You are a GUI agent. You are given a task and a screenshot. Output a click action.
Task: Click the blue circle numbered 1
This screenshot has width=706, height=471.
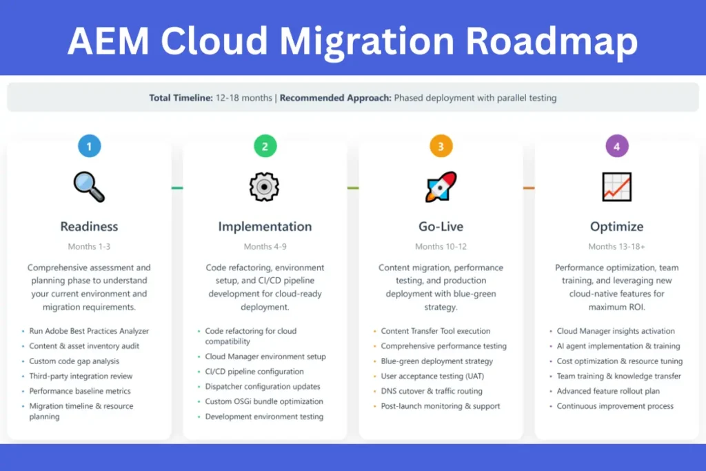click(x=89, y=146)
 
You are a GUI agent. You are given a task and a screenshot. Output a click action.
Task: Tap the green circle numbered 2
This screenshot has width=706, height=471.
click(x=265, y=146)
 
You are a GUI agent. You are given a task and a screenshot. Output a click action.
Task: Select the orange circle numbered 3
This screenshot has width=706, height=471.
click(x=441, y=146)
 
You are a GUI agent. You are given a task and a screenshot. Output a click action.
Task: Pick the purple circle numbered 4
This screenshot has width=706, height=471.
click(x=617, y=146)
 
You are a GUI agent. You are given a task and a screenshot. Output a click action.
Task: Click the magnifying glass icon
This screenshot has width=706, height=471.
click(x=89, y=187)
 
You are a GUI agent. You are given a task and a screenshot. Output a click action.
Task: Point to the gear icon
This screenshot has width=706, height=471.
click(x=264, y=187)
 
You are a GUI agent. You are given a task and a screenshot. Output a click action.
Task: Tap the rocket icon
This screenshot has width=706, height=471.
click(x=441, y=186)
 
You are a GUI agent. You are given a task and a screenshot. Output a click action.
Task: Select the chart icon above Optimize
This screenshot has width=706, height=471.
click(x=617, y=187)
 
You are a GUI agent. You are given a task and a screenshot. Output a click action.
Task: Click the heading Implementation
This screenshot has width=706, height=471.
click(x=265, y=226)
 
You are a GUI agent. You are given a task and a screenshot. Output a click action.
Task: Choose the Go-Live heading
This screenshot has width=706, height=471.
click(x=441, y=226)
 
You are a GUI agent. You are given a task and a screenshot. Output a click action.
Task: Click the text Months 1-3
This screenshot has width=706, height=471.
click(x=89, y=246)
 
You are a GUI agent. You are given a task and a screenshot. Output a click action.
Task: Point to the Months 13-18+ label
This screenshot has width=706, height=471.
click(x=617, y=246)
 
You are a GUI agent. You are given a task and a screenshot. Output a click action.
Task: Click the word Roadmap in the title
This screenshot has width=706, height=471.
click(x=552, y=41)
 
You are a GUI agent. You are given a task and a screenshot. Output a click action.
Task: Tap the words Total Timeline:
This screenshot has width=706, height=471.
click(x=181, y=98)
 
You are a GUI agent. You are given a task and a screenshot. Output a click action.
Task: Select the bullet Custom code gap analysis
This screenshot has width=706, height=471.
click(x=74, y=361)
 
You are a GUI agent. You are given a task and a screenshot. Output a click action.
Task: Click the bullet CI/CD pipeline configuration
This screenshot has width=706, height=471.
click(x=254, y=372)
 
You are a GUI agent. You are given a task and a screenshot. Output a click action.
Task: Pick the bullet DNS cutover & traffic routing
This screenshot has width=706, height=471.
click(x=432, y=391)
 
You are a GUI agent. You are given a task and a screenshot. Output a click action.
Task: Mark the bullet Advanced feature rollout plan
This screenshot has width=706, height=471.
click(x=608, y=391)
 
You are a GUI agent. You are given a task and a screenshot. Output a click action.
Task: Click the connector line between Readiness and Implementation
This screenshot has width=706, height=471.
click(x=177, y=188)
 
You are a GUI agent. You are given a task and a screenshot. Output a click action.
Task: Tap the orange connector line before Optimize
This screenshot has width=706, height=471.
click(x=529, y=188)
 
